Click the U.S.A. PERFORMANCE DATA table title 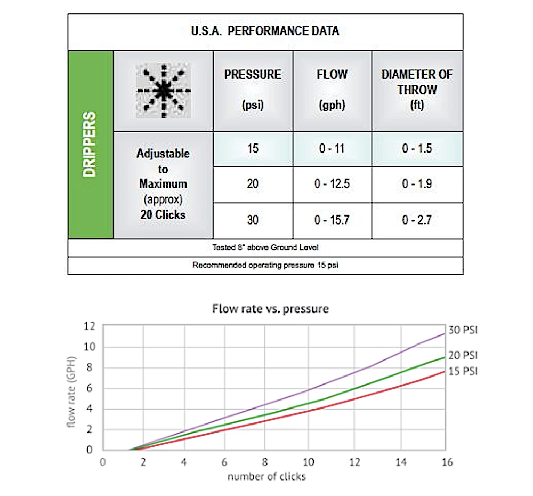(x=265, y=30)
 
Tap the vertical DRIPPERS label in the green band (x=91, y=144)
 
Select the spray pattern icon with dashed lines (x=164, y=91)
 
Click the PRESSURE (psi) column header (x=253, y=89)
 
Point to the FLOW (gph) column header (x=332, y=89)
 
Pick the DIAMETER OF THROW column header (x=417, y=89)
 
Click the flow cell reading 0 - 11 (x=332, y=148)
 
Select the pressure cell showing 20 (x=253, y=184)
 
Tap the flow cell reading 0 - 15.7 (x=332, y=220)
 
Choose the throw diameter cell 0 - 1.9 (x=417, y=184)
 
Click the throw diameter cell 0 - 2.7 (x=417, y=220)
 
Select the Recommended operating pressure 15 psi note (x=265, y=265)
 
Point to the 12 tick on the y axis (x=90, y=326)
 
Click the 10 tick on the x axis (x=308, y=462)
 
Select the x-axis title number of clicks (x=266, y=476)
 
